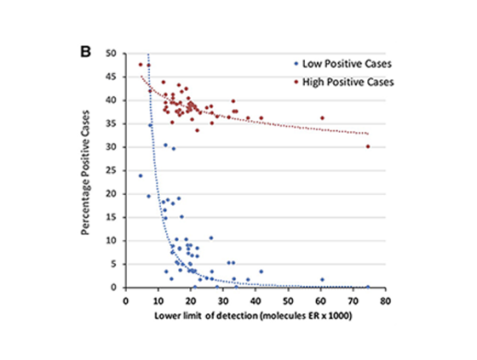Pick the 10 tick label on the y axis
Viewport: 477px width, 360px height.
[x=111, y=241]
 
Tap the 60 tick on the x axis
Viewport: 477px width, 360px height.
[x=320, y=300]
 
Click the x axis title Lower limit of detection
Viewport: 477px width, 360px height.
[x=256, y=317]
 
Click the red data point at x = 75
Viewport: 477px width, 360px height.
[x=368, y=146]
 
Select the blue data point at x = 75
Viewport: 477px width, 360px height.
[x=368, y=287]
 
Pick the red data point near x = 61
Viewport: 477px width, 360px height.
[x=322, y=117]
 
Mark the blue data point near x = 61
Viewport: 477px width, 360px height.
[x=322, y=279]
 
